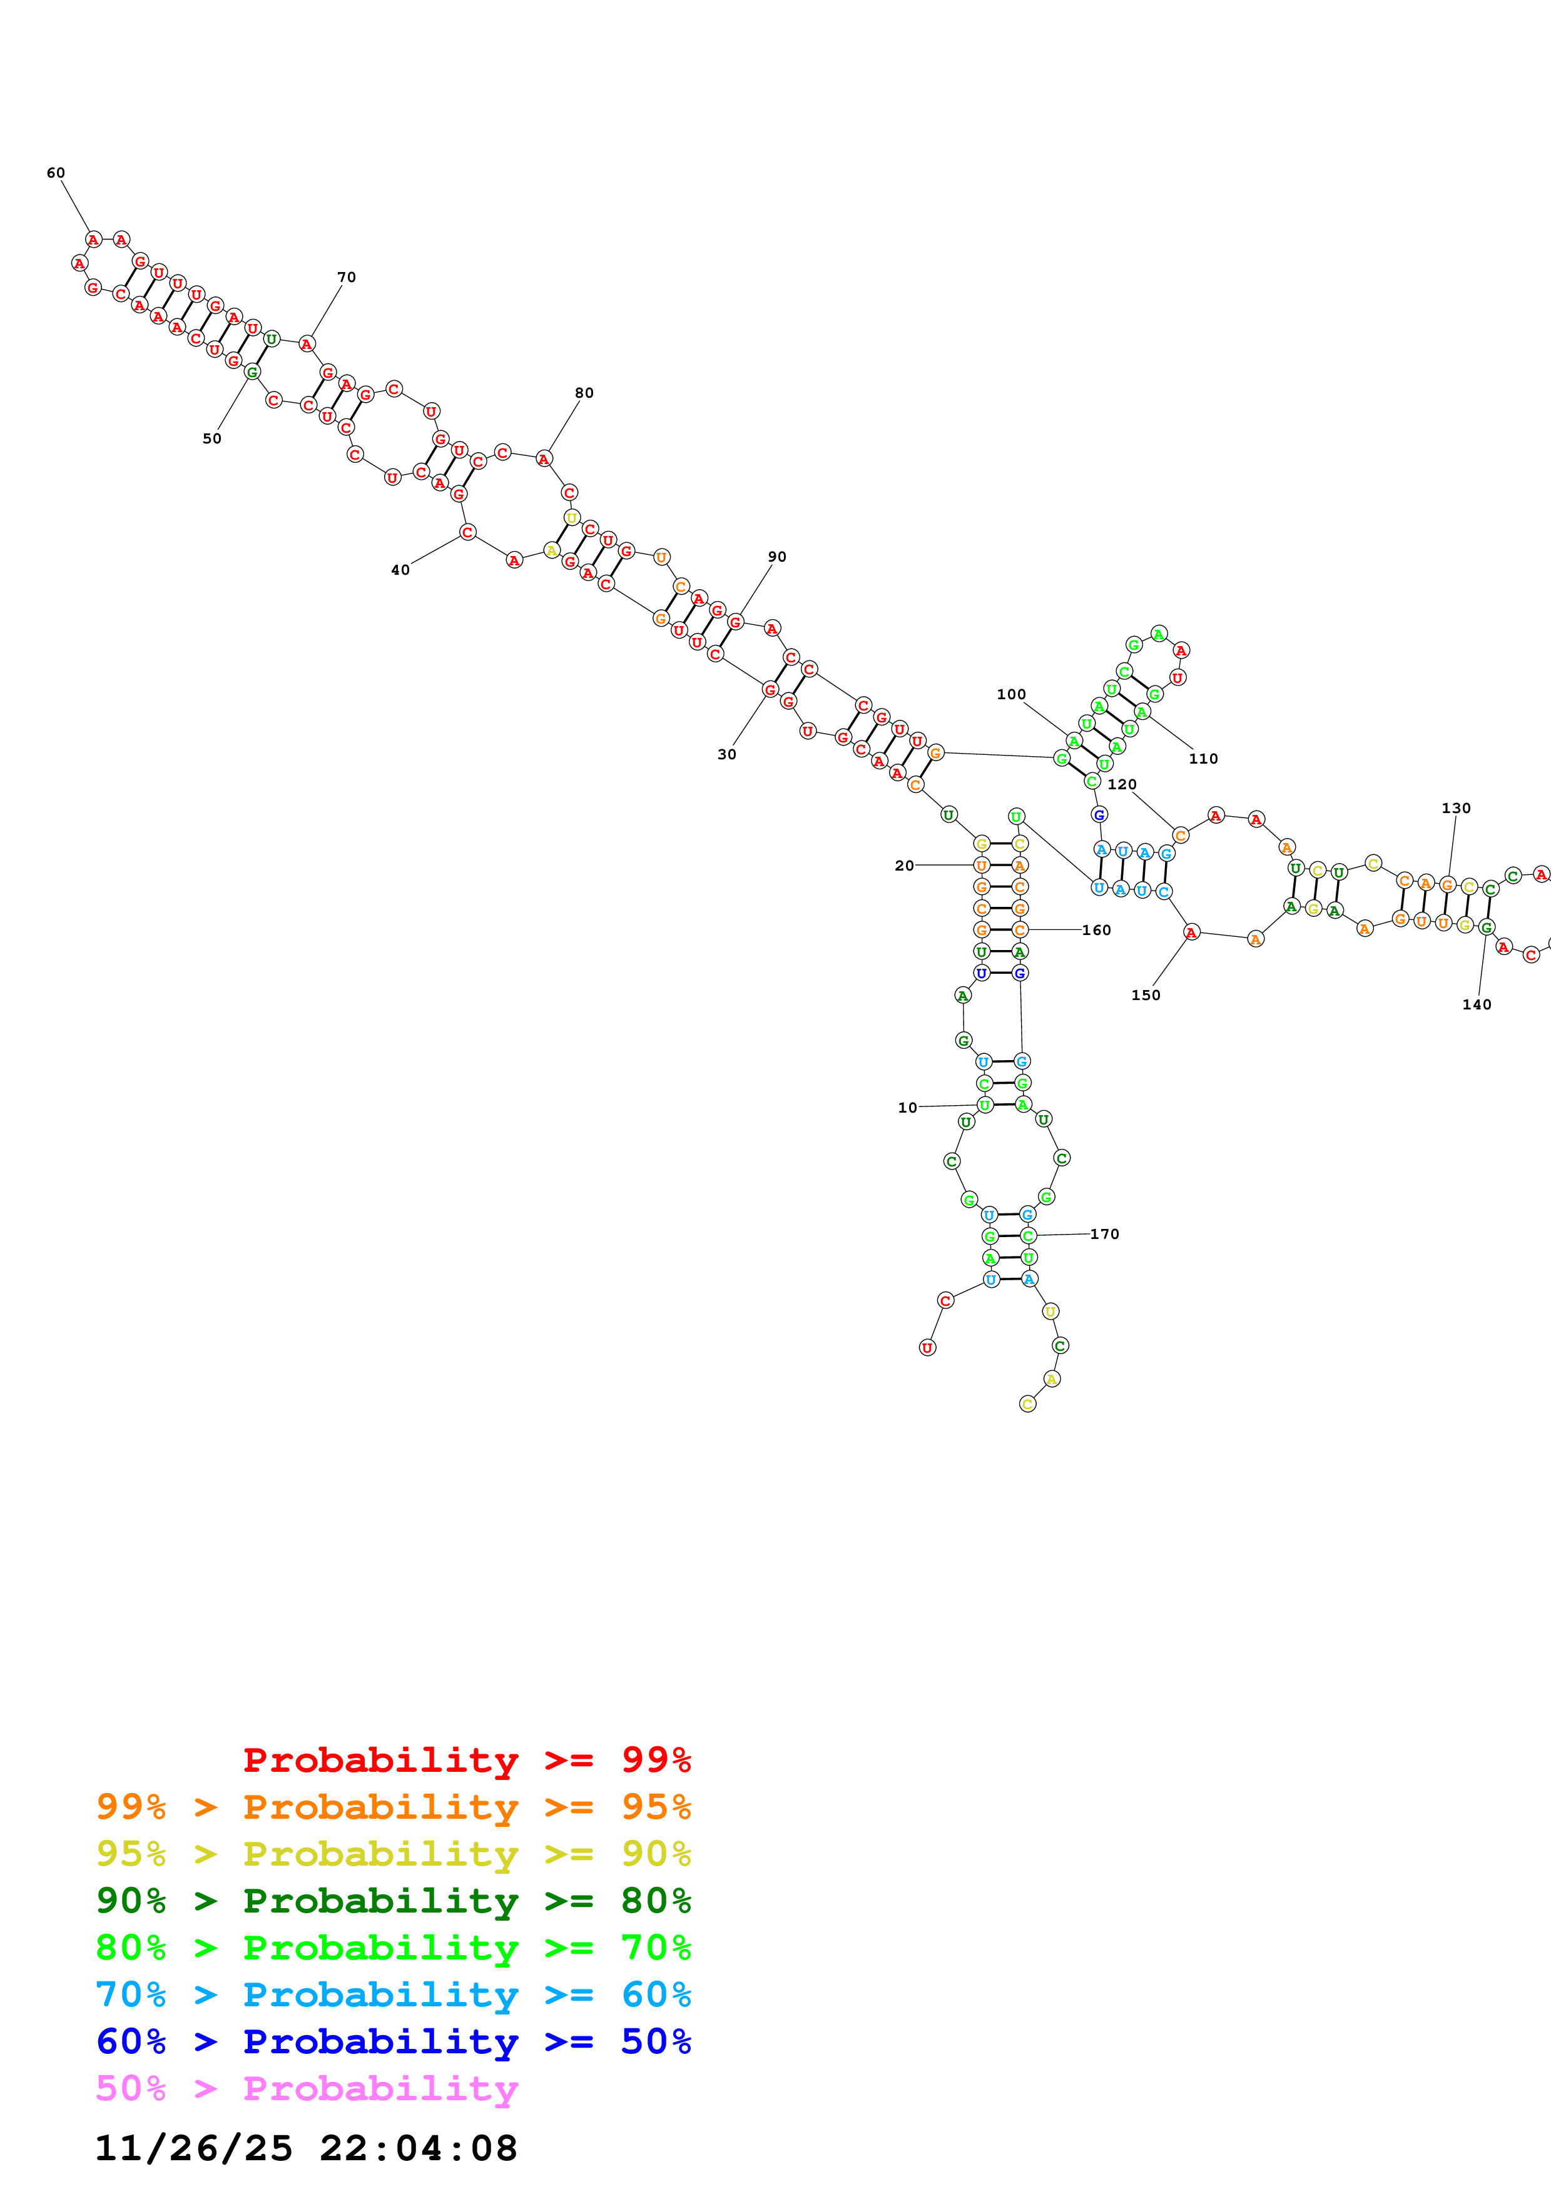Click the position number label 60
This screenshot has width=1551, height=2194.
coord(56,173)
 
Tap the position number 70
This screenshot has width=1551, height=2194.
coord(346,277)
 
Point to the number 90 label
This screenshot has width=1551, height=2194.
coord(777,556)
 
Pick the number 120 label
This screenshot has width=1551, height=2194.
coord(1122,784)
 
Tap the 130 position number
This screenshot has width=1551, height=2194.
coord(1455,807)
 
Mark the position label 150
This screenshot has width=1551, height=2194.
coord(1145,995)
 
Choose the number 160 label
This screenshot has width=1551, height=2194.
coord(1096,930)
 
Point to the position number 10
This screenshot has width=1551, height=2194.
coord(907,1108)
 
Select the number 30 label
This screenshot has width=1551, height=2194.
coord(726,754)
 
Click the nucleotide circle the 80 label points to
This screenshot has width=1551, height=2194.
coord(544,458)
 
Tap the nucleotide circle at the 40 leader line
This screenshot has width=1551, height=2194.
coord(467,532)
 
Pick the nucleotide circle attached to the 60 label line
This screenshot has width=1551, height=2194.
coord(93,239)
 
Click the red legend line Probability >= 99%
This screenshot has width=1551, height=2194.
coord(466,1760)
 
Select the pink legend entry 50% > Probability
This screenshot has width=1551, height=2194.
coord(306,2088)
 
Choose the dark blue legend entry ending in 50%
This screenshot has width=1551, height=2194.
coord(393,2041)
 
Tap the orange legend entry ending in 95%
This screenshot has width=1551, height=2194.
coord(393,1807)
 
